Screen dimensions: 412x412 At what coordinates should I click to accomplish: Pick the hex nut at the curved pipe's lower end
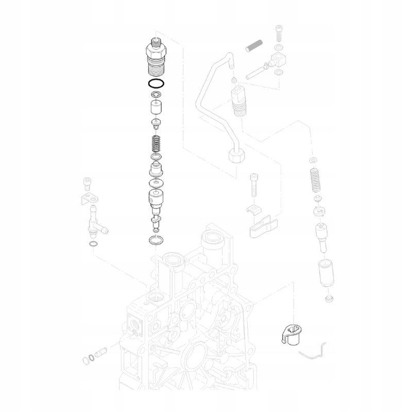(237, 155)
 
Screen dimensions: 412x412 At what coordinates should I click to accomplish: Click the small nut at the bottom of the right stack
(328, 299)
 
